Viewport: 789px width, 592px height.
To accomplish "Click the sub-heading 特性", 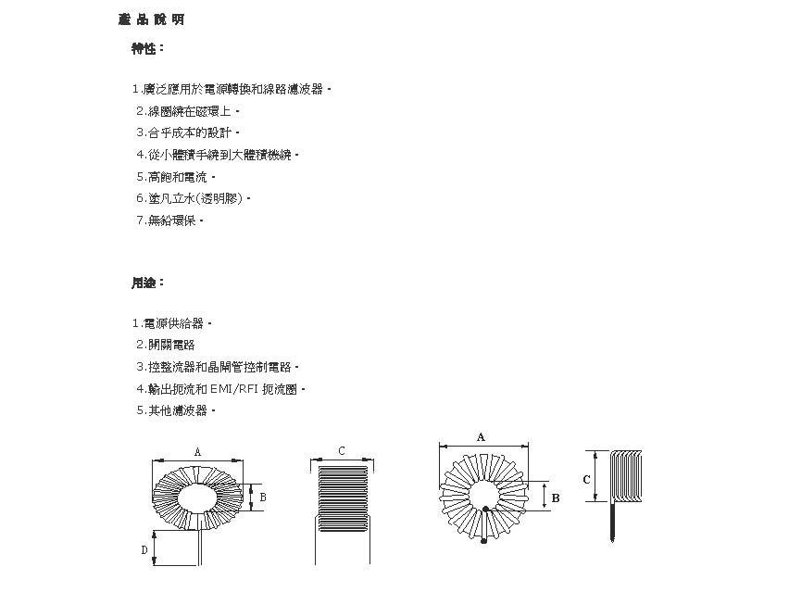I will point(148,48).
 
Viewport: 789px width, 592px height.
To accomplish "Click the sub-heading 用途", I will point(148,283).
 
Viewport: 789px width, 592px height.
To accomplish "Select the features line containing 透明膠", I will point(198,198).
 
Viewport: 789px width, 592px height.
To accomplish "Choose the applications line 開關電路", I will point(171,345).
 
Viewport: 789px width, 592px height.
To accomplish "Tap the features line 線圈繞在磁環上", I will point(191,111).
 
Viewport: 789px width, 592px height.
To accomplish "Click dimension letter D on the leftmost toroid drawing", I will point(144,550).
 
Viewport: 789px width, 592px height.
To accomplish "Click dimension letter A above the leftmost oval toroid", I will point(197,451).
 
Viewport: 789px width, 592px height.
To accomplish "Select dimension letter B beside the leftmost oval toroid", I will point(263,498).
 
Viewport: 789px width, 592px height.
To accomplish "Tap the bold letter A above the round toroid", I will point(481,435).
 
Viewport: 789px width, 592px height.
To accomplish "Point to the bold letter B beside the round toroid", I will point(556,498).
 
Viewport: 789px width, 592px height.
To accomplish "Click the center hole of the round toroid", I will point(484,495).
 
